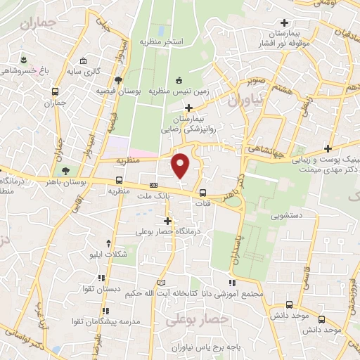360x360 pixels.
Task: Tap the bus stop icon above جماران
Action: click(56, 91)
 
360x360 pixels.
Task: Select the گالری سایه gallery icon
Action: click(84, 61)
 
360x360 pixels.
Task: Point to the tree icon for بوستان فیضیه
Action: click(119, 80)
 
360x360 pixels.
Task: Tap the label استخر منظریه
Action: click(162, 41)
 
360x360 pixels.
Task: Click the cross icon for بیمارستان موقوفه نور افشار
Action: click(284, 22)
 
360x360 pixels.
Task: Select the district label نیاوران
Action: click(244, 100)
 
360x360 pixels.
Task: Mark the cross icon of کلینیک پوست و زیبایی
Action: click(328, 148)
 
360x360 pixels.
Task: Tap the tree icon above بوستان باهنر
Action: click(65, 171)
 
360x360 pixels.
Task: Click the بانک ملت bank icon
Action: click(153, 186)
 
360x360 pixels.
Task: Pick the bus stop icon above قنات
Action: click(202, 193)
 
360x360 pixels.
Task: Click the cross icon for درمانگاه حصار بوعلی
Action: click(167, 221)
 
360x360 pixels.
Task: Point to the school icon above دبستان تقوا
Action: click(102, 278)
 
